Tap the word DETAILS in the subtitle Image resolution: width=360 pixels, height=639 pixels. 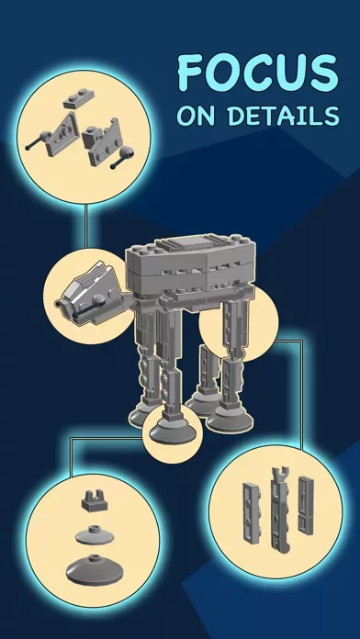(x=284, y=116)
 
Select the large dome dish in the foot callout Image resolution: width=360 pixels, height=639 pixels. (x=94, y=567)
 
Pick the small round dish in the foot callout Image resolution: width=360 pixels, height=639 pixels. (x=95, y=534)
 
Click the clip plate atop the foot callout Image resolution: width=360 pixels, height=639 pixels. (x=95, y=500)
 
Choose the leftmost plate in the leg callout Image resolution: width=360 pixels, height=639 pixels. (x=252, y=512)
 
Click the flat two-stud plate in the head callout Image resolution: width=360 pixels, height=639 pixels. (x=79, y=99)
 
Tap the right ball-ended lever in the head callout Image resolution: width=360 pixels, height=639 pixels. (x=123, y=158)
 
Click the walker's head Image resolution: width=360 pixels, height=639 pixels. (x=92, y=293)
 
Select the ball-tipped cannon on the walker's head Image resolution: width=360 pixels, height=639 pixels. (x=86, y=306)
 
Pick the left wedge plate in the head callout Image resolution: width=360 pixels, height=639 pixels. (x=62, y=134)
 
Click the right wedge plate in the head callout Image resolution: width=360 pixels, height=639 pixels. (x=103, y=141)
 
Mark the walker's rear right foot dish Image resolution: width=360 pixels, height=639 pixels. (x=230, y=418)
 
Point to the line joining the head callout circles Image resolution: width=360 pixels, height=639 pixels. (x=86, y=226)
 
